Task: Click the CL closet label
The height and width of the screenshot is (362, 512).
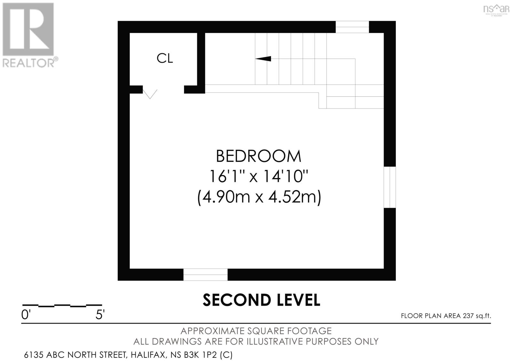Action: tap(165, 58)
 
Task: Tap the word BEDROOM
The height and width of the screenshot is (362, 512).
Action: tap(259, 156)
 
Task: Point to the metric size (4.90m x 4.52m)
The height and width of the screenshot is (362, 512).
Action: tap(259, 197)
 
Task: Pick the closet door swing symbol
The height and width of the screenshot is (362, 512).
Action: tap(150, 94)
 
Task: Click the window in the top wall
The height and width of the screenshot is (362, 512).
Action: tap(352, 27)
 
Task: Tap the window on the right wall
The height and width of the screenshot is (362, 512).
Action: tap(390, 187)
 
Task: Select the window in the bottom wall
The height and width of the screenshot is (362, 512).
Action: tap(205, 275)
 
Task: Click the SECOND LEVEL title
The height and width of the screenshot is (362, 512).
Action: tap(261, 300)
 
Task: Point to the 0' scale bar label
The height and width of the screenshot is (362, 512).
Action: tap(26, 315)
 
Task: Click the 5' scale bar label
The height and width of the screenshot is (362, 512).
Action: tap(100, 315)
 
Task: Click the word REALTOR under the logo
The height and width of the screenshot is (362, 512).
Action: tap(29, 62)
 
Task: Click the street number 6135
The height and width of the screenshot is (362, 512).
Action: tap(34, 355)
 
